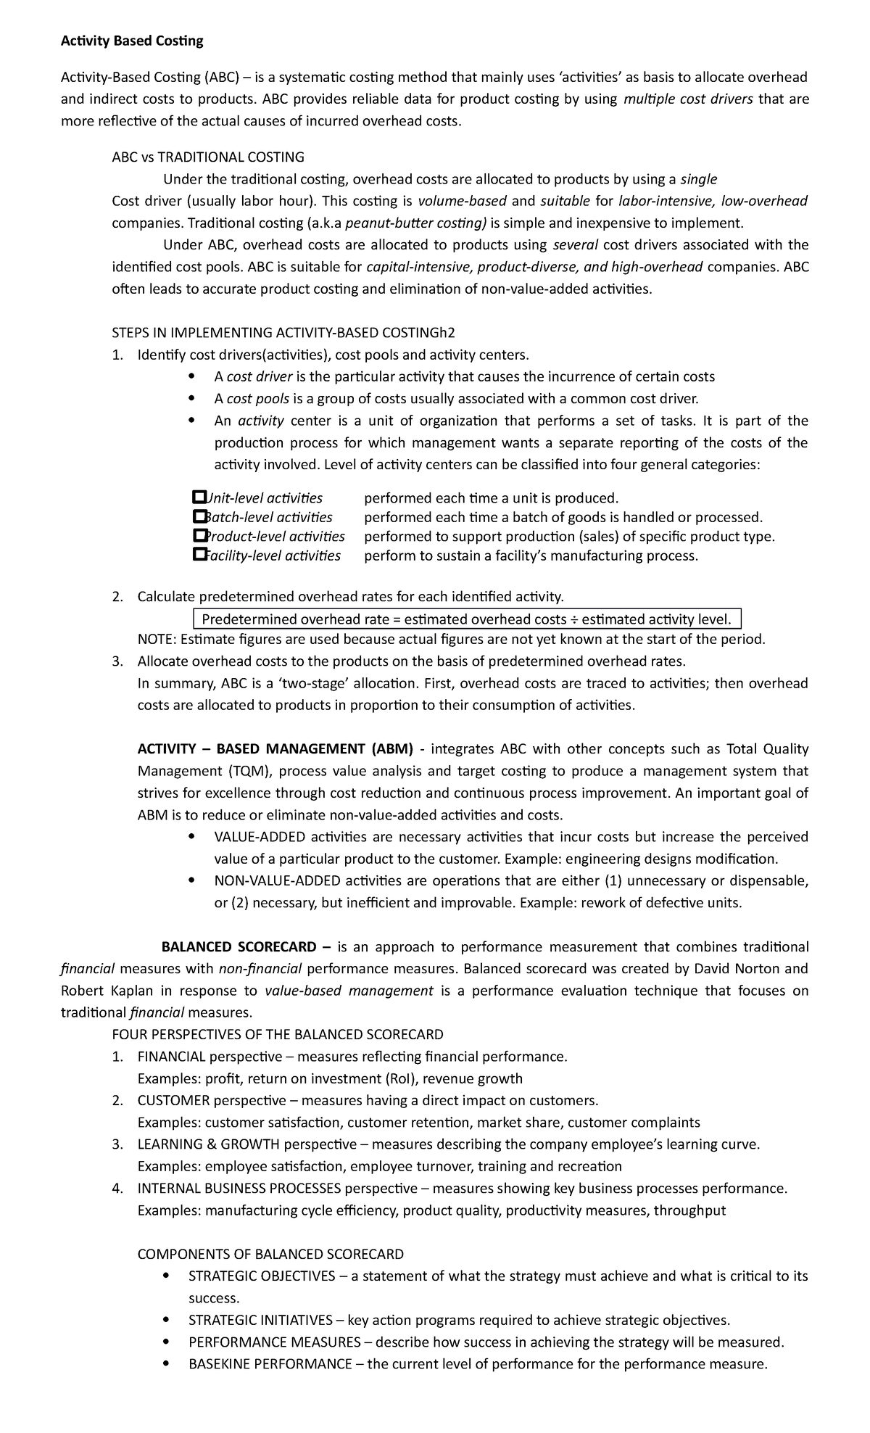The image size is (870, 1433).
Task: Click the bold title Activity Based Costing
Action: (x=131, y=41)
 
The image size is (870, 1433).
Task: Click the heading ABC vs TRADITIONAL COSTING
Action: (x=208, y=157)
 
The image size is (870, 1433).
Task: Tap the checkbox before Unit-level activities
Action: (x=199, y=497)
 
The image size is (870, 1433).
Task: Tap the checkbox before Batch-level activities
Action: (x=199, y=517)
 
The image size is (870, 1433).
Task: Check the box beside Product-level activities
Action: (x=199, y=536)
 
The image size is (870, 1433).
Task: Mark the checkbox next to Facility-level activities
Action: (x=199, y=556)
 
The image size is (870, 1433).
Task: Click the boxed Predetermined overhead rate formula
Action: (x=468, y=619)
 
